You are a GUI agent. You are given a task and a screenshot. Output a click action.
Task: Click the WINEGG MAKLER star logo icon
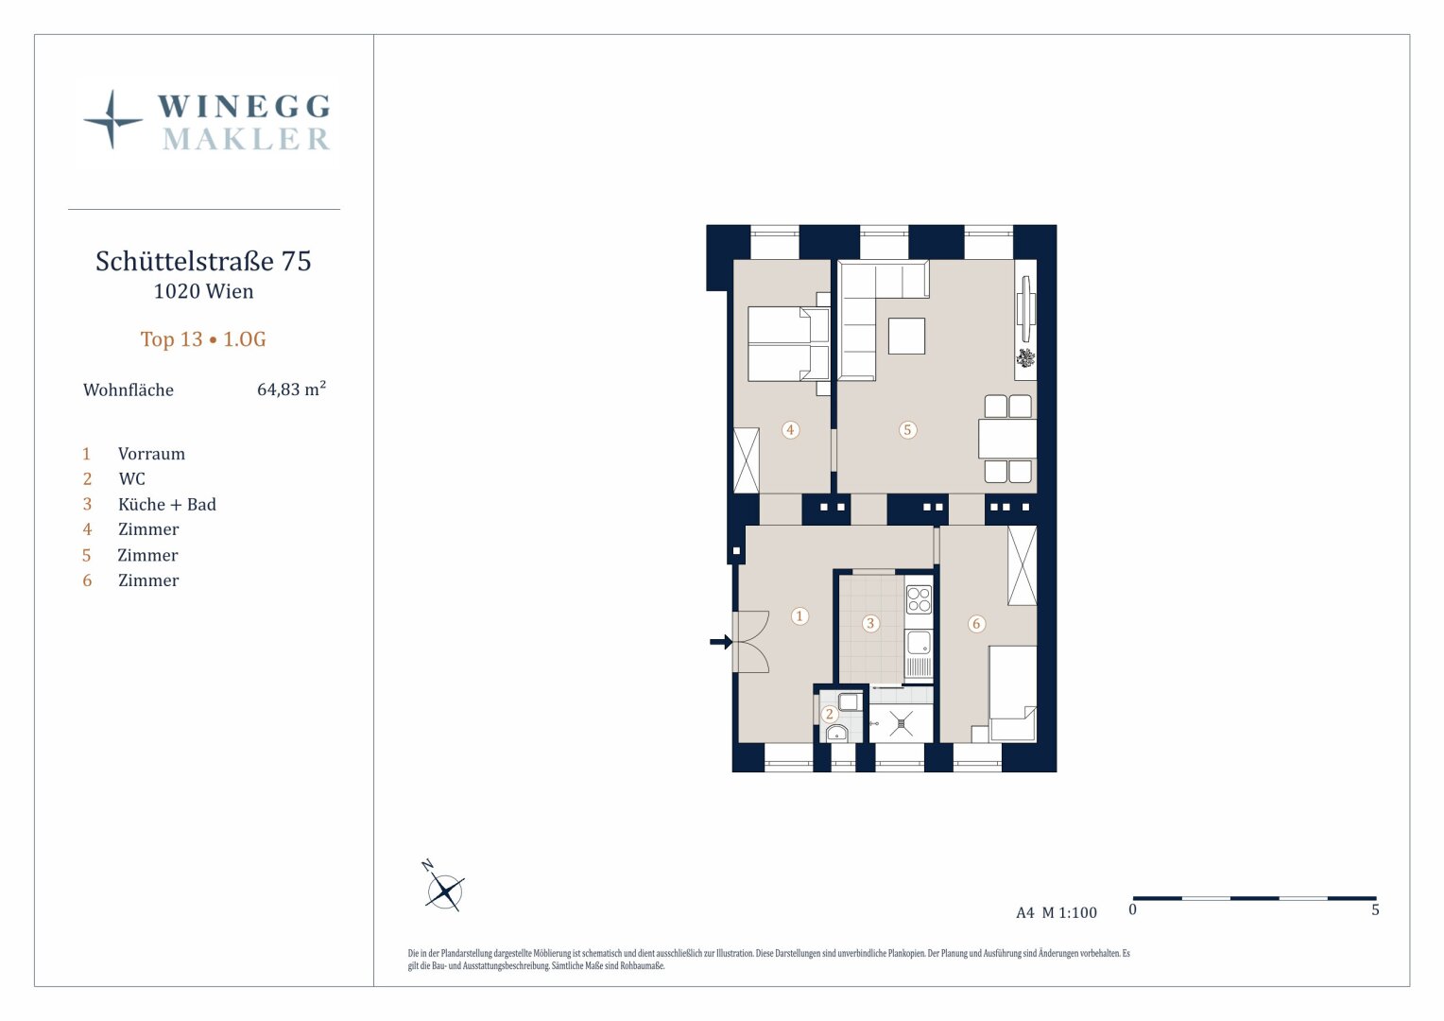pos(112,120)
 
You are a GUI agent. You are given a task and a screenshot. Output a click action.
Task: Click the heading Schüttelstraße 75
pos(204,261)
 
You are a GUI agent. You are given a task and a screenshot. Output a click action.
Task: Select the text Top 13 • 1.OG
pos(204,339)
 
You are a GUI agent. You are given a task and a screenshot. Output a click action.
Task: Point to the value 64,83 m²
pos(291,389)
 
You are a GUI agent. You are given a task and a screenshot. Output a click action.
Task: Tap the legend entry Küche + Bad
pos(167,505)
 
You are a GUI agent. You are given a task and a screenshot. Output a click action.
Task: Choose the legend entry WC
pos(132,478)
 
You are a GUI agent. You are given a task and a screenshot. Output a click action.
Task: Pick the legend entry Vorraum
pos(151,454)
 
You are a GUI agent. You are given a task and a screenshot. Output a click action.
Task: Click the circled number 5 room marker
pos(907,429)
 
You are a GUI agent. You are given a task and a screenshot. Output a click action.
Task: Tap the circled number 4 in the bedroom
pos(790,429)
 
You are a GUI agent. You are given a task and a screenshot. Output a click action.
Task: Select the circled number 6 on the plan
pos(976,624)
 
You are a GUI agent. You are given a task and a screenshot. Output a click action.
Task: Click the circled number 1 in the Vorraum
pos(799,616)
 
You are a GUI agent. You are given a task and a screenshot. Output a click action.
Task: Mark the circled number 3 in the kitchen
pos(870,623)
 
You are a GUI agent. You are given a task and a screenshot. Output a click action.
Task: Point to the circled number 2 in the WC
pos(830,714)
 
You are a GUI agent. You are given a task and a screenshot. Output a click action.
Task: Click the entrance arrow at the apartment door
pos(721,642)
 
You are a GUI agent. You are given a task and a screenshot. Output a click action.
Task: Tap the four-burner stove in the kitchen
pos(919,599)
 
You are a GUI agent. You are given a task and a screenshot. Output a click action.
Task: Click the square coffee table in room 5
pos(906,336)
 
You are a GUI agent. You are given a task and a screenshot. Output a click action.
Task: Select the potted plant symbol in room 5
pos(1025,357)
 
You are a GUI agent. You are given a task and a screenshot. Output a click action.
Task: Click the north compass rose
pos(444,891)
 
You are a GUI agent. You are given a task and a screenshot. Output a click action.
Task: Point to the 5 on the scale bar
pos(1375,910)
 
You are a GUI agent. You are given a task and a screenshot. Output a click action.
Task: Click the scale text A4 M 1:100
pos(1056,912)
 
